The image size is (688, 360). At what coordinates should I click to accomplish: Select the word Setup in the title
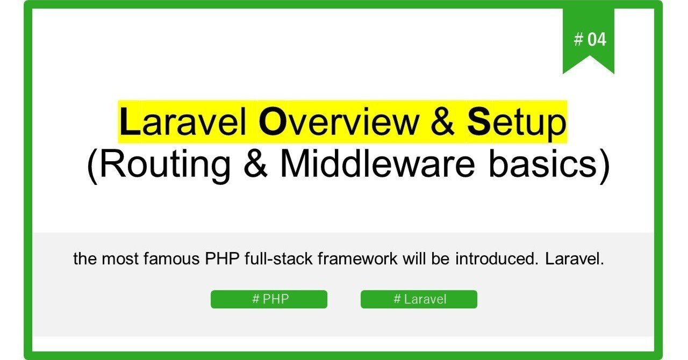click(517, 123)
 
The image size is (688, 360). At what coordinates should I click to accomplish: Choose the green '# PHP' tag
click(269, 299)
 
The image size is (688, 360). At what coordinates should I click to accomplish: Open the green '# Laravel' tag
click(419, 299)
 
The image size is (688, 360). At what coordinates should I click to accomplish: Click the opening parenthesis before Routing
click(92, 165)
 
